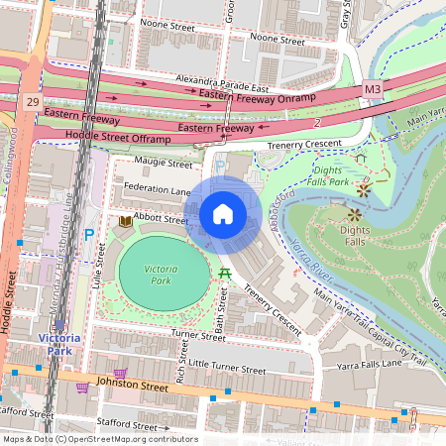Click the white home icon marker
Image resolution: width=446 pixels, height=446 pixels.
tap(223, 214)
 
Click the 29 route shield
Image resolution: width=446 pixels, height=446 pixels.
tap(34, 102)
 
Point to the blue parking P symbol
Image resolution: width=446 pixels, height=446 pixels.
tap(88, 235)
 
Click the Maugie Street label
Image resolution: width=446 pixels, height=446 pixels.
tap(162, 163)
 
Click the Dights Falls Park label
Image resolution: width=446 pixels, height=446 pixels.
tap(328, 176)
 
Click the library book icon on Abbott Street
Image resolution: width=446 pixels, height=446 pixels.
tap(125, 221)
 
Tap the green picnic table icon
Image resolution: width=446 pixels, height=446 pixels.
tap(226, 273)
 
